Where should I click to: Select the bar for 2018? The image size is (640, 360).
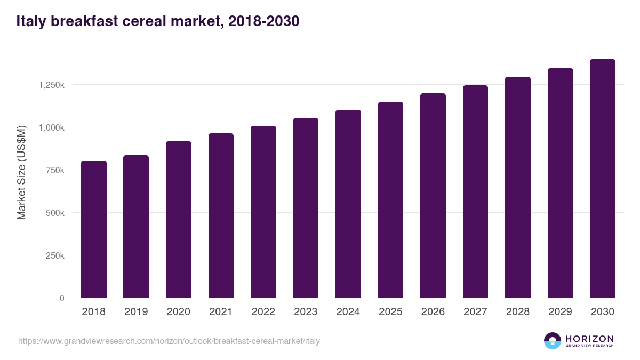[94, 229]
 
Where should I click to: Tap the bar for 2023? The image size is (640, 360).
[306, 208]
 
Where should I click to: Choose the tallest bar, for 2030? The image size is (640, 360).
[603, 179]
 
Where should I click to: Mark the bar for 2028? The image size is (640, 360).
[518, 187]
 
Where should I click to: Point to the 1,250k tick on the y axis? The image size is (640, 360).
[51, 85]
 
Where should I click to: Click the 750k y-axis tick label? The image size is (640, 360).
[54, 170]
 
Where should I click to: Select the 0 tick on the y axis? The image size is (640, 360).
[62, 298]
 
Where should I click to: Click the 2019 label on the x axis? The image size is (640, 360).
[136, 312]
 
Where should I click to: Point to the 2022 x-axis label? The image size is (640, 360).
[263, 312]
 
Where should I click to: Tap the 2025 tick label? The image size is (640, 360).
[390, 312]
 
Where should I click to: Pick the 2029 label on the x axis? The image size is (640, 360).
[560, 312]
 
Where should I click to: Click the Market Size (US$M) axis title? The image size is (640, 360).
[21, 172]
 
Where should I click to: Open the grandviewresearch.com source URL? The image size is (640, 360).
[169, 341]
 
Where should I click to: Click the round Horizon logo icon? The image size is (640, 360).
[553, 341]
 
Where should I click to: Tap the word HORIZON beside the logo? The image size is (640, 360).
[589, 338]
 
